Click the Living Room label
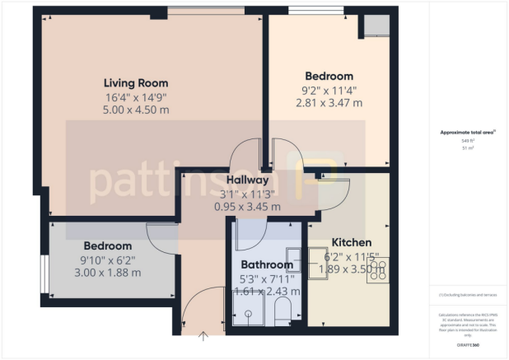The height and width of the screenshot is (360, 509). (136, 82)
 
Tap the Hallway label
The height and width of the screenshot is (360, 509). (247, 180)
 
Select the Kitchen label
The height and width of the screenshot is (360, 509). (352, 242)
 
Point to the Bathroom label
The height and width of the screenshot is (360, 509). (267, 264)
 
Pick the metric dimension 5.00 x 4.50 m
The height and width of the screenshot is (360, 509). (136, 110)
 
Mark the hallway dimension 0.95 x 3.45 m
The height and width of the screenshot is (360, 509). (247, 207)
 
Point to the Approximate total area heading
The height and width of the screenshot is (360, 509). (468, 132)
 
